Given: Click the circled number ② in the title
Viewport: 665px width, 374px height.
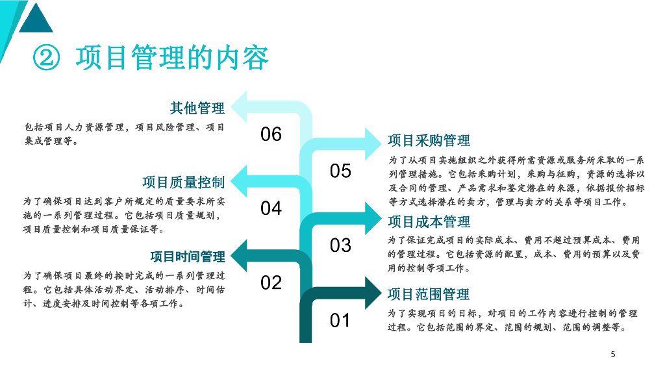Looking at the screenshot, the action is click(46, 59).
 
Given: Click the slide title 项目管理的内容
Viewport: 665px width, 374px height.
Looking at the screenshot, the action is click(172, 58).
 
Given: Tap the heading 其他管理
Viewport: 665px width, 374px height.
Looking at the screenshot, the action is click(197, 108).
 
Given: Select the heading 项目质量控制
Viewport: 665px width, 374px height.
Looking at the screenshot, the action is click(184, 182).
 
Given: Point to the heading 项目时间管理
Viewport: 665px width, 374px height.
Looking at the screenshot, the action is click(188, 256).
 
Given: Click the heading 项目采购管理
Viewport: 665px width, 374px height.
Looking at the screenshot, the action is click(429, 141).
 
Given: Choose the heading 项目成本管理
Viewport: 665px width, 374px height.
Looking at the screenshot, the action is click(429, 222).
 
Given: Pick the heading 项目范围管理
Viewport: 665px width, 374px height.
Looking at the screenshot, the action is click(429, 294).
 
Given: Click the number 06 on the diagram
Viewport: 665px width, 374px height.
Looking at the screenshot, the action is click(271, 134).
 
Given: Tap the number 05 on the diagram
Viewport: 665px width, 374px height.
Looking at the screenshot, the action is click(340, 171).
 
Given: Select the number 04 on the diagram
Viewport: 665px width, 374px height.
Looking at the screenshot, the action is click(271, 208).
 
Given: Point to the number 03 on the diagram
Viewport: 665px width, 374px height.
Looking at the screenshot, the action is click(340, 245).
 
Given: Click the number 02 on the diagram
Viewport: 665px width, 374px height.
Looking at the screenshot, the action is click(271, 283).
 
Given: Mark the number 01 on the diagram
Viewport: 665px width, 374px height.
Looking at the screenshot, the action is click(340, 320).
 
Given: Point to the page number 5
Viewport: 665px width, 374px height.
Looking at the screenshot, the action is click(612, 355).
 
